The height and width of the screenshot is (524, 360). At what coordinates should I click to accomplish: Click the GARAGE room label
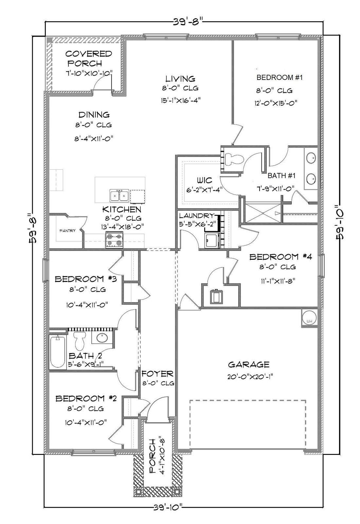point(248,364)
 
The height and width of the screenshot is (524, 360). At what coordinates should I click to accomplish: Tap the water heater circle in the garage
point(308,318)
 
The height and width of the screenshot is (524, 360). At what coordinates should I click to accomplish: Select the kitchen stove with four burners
point(114,239)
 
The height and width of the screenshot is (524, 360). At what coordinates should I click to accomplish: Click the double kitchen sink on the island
point(119,196)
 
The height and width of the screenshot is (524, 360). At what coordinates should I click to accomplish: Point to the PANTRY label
point(67,231)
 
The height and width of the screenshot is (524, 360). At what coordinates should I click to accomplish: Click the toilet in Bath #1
point(235,159)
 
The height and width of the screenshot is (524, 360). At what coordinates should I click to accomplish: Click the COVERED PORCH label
point(88,58)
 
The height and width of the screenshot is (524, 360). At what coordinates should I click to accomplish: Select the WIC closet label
point(204,180)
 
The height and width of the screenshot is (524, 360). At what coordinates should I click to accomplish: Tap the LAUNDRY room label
point(196,216)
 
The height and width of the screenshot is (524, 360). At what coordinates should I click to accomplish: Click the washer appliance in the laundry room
point(212,240)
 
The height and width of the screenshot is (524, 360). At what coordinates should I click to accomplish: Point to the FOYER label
point(157,374)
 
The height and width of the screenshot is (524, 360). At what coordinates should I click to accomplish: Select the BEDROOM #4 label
point(280,256)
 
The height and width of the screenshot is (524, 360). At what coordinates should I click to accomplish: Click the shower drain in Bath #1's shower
point(263,213)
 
